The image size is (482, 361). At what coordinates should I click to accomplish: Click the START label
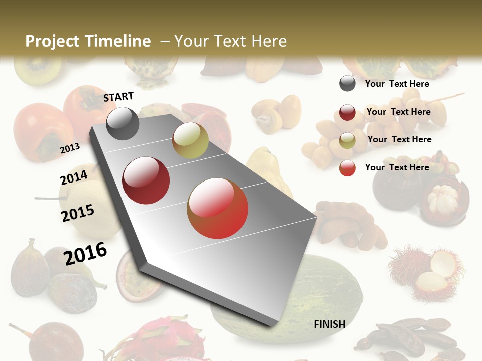point(118,97)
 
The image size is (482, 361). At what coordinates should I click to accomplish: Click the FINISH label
point(329,324)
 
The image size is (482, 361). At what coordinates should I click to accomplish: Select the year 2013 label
point(70,148)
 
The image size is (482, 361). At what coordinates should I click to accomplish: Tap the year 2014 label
point(74,178)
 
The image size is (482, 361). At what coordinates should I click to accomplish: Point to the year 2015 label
point(78,213)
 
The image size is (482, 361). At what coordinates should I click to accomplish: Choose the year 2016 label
point(85,254)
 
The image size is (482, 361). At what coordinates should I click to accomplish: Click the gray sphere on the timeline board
point(123,123)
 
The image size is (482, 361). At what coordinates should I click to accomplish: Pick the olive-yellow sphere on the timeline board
point(190,140)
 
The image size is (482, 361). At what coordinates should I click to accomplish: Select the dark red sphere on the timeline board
point(146,180)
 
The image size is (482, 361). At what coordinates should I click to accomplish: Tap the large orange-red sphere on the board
point(217,208)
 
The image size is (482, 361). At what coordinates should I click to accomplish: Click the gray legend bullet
point(347,83)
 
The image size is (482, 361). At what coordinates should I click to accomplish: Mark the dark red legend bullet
point(347,112)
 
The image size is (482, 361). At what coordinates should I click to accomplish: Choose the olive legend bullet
point(347,140)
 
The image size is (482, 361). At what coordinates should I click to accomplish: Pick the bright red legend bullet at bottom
point(347,168)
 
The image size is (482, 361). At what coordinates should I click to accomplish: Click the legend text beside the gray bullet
point(397,84)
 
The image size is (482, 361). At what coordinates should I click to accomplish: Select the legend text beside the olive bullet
point(399,139)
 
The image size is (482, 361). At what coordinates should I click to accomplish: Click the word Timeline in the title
point(121,41)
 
